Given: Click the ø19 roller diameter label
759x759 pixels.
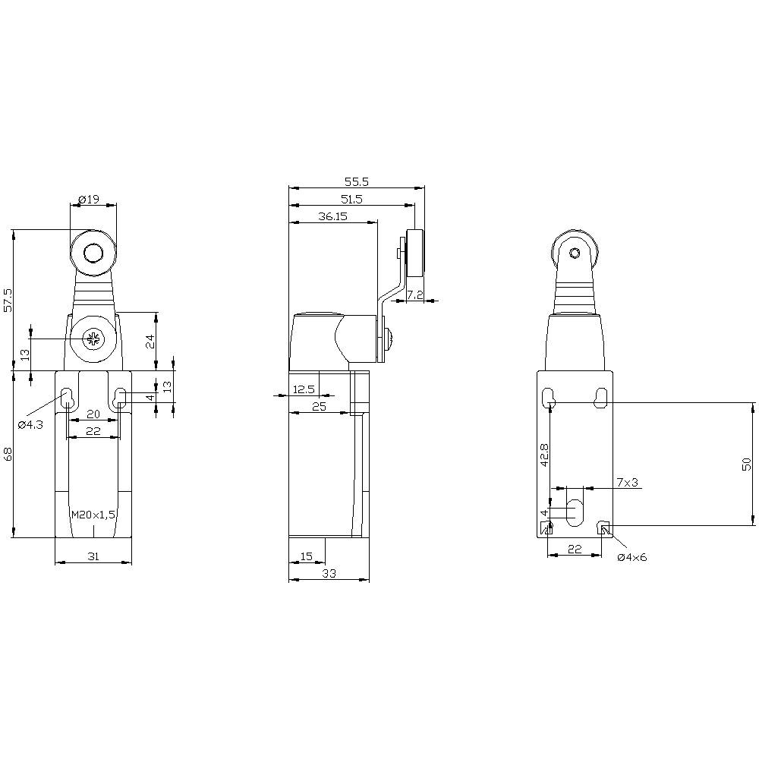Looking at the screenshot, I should (89, 200).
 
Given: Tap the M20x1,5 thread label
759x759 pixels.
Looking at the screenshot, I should (93, 515).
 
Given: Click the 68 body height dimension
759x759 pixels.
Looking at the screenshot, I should (8, 455).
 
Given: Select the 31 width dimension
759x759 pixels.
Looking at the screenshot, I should (93, 556).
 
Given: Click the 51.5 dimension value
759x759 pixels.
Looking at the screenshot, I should (351, 199).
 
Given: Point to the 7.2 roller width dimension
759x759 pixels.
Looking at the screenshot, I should (415, 294).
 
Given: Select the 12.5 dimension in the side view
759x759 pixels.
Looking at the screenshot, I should (304, 389).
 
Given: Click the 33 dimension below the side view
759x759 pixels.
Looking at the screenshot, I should (329, 574).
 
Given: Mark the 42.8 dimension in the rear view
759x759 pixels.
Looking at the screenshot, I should (544, 454).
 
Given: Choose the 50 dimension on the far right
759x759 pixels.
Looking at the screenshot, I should (747, 465).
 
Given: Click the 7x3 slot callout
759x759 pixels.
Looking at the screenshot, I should (628, 482).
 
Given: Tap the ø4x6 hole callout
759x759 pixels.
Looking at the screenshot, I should (632, 557).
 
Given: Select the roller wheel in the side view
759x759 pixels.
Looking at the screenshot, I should (415, 254).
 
